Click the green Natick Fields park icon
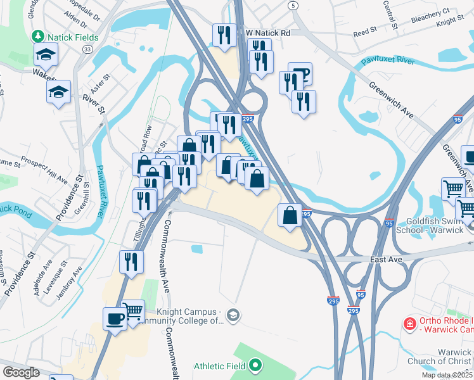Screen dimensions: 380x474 click(39, 35)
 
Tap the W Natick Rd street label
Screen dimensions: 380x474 click(268, 32)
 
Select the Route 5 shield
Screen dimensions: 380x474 click(292, 5)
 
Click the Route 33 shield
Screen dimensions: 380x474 click(87, 48)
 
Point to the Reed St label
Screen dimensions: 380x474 click(365, 32)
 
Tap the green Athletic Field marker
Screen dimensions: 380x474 click(255, 365)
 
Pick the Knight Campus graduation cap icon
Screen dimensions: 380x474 click(233, 315)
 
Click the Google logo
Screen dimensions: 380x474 click(21, 372)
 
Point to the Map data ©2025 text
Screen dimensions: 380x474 click(447, 375)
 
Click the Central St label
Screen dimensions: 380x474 click(390, 17)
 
